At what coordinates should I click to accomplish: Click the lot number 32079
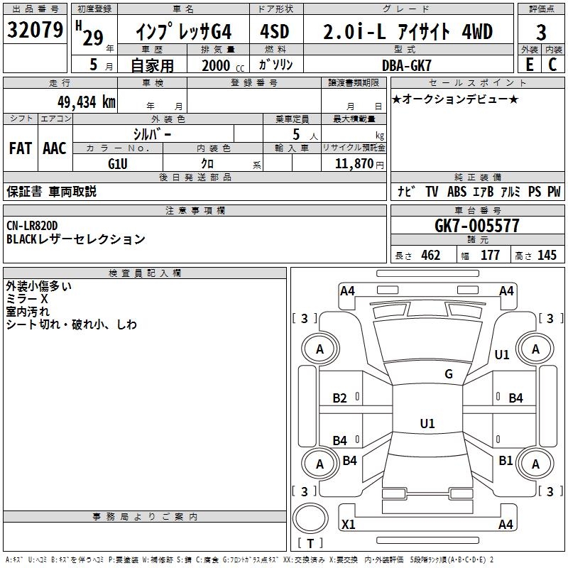[x=34, y=31]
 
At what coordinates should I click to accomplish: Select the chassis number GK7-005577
[x=477, y=226]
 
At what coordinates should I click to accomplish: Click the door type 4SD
[x=275, y=32]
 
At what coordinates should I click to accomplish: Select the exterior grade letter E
[x=528, y=65]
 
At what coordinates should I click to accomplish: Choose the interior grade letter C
[x=552, y=65]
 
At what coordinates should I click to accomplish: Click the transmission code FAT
[x=20, y=148]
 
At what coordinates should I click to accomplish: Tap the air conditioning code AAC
[x=55, y=148]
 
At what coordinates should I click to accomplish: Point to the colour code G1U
[x=117, y=163]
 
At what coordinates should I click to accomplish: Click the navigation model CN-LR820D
[x=33, y=226]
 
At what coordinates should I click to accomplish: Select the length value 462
[x=430, y=256]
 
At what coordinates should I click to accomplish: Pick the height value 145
[x=547, y=256]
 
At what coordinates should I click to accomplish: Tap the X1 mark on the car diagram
[x=349, y=525]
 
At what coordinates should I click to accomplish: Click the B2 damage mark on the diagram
[x=340, y=398]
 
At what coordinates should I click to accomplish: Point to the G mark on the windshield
[x=449, y=374]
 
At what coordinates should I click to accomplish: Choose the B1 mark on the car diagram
[x=506, y=460]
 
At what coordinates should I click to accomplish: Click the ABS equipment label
[x=457, y=192]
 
